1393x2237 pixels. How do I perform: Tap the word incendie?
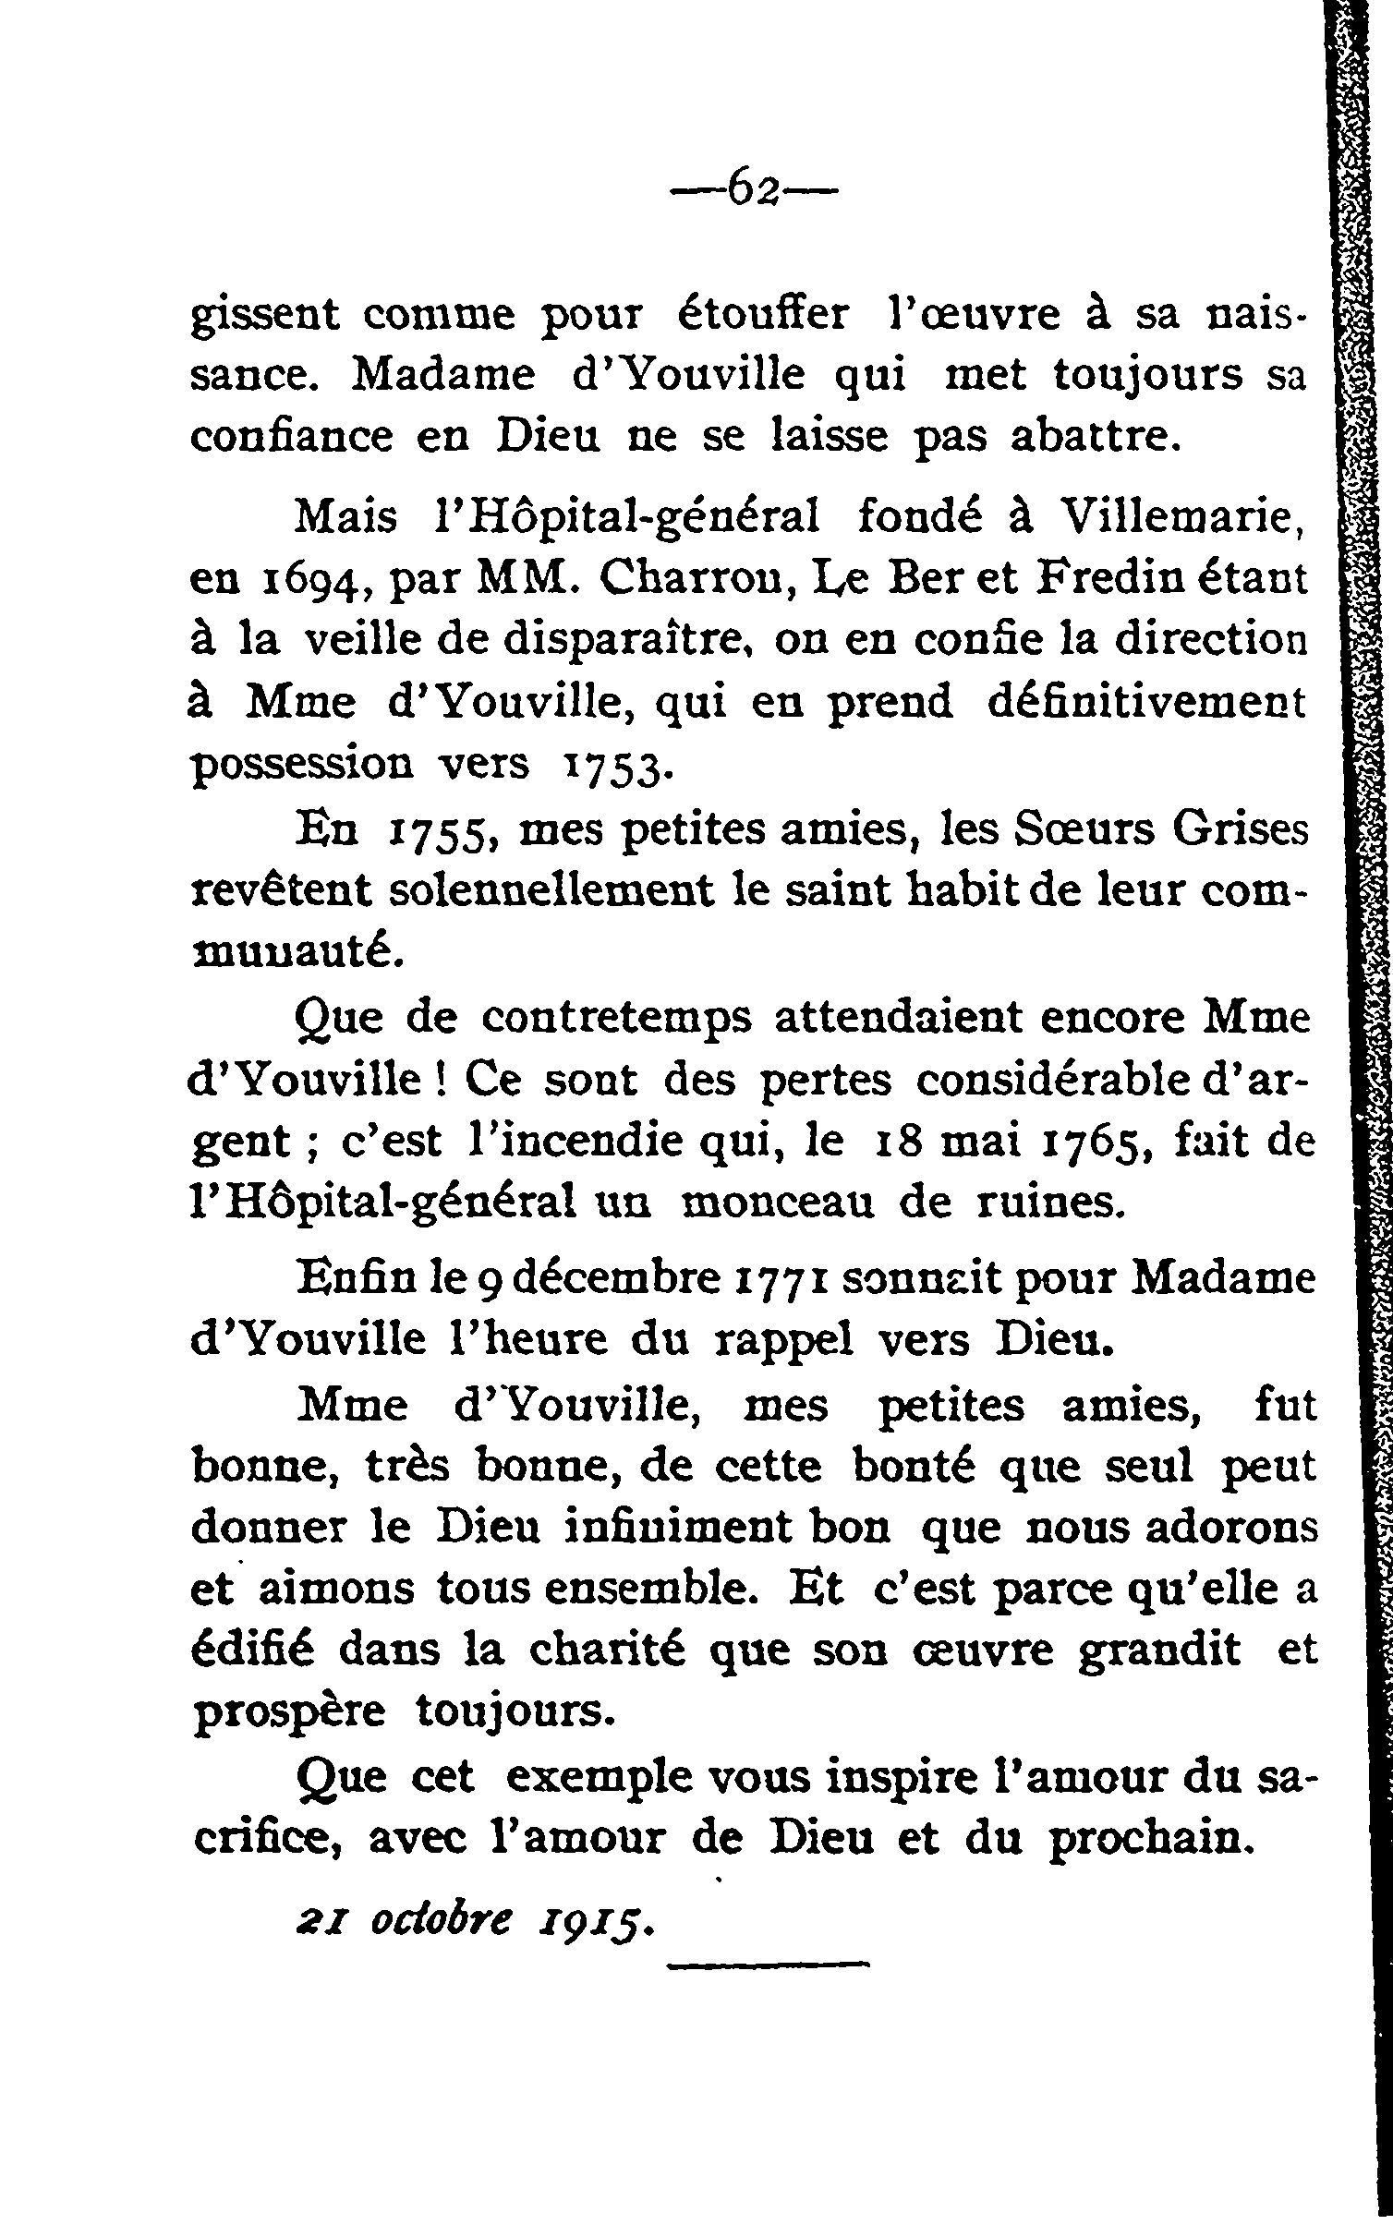pos(588,1143)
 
